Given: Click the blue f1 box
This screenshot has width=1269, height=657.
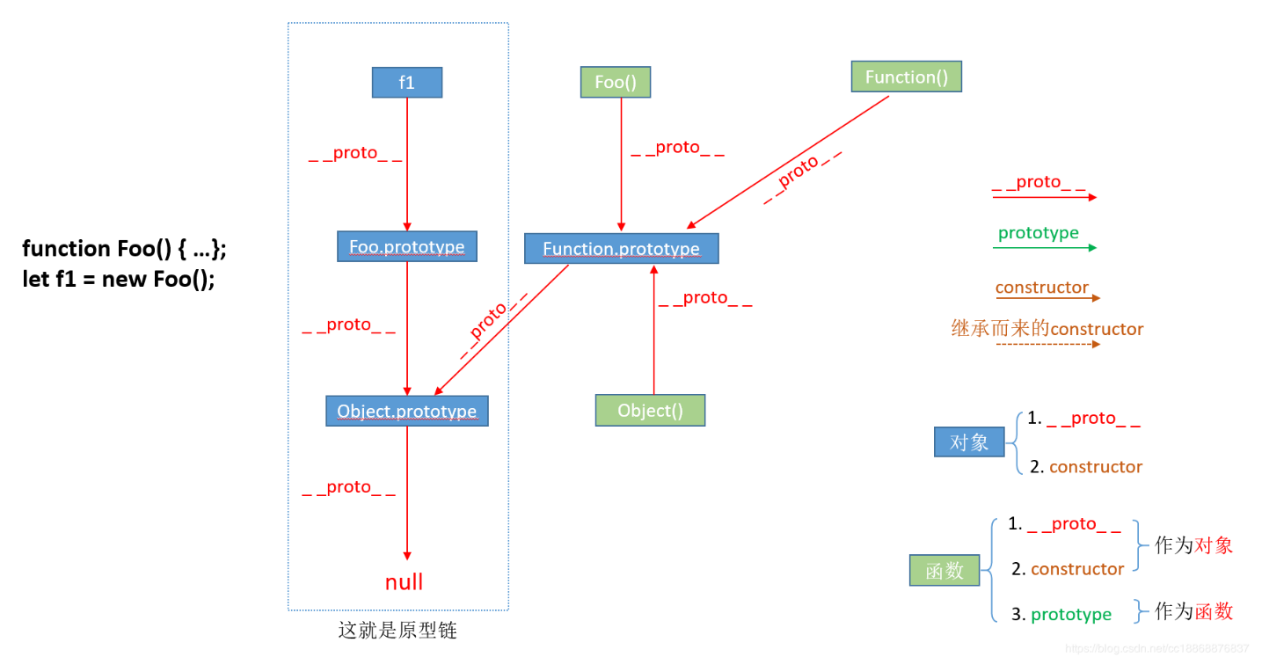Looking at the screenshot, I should (406, 83).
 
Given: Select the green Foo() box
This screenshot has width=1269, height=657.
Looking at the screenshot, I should (615, 83).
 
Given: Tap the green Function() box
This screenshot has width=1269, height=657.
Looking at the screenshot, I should (906, 77).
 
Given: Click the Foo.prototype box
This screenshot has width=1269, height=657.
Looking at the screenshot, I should (406, 247).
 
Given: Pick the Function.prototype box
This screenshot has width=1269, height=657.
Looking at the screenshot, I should (621, 249).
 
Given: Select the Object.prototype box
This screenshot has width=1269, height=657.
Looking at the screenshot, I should (406, 412).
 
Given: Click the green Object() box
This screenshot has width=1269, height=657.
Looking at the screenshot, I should (650, 411).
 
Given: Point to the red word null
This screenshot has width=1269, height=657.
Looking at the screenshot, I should (404, 582).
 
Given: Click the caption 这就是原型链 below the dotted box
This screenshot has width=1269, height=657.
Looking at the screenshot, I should (397, 631).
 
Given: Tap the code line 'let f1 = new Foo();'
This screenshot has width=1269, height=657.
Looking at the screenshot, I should (119, 280).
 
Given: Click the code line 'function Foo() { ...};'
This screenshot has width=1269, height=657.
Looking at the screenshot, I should (124, 249).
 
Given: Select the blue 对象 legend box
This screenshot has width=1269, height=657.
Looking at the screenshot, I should (969, 442).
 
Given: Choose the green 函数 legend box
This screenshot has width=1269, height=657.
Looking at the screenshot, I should (944, 571).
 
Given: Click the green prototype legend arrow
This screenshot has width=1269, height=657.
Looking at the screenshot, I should (1044, 248).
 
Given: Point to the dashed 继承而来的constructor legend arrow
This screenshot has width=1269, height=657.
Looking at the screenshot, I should (1047, 345).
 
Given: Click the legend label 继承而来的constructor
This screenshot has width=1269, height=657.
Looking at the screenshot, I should (1047, 329).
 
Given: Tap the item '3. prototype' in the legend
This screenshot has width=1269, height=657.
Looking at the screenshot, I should (1061, 615).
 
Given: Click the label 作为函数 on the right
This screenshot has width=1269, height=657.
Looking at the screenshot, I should (1193, 612).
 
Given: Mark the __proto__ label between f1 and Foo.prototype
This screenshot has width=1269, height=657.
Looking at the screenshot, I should (355, 153).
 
